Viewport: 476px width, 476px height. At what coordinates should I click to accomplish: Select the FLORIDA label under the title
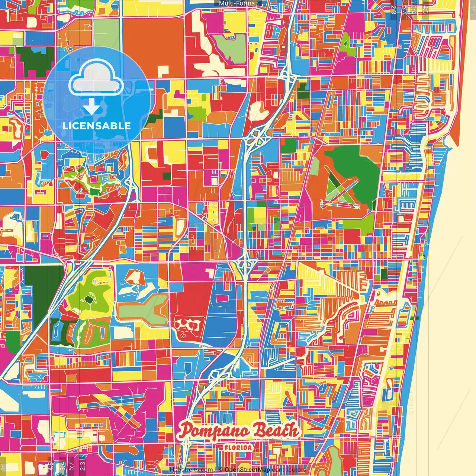point(238,448)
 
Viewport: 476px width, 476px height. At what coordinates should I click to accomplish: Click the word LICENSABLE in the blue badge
point(97,126)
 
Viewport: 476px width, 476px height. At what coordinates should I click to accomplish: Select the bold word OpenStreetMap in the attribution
point(248,470)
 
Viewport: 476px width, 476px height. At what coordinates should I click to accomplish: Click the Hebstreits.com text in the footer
point(191,470)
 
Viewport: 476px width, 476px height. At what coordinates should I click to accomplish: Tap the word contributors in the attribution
point(289,470)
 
